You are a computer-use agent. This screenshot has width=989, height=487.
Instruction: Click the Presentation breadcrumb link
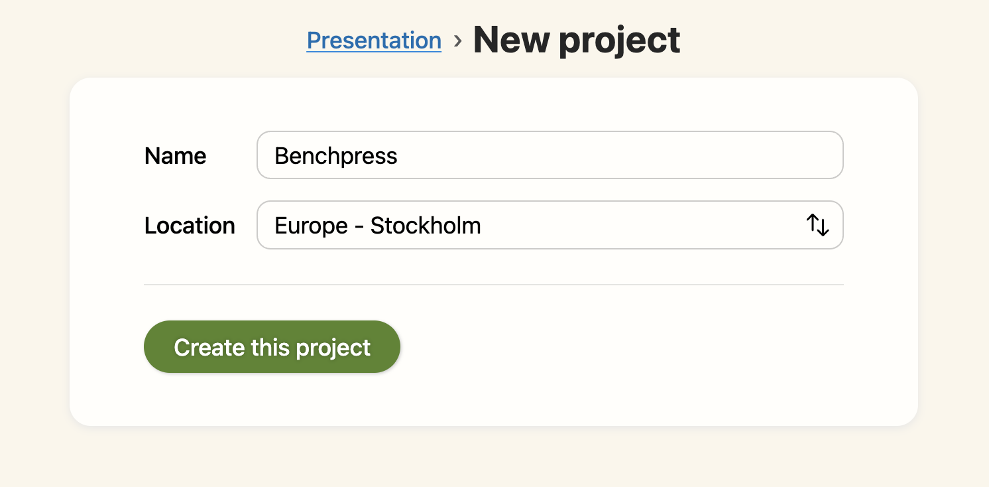click(374, 40)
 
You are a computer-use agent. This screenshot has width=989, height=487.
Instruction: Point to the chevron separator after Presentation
click(457, 41)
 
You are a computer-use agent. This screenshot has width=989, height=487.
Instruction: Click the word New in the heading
click(510, 40)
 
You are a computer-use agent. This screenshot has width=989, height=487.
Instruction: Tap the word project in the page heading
click(619, 41)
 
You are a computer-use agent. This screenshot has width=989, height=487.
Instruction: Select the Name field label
click(175, 156)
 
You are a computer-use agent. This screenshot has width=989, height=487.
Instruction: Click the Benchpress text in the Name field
click(336, 156)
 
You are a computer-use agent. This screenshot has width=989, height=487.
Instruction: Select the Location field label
click(190, 226)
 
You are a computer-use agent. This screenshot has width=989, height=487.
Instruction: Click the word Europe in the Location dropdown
click(311, 226)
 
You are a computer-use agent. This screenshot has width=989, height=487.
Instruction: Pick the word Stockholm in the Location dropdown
click(426, 226)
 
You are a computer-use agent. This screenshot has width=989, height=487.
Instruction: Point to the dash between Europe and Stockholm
click(359, 226)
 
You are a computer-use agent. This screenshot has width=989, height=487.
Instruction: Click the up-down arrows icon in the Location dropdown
click(818, 226)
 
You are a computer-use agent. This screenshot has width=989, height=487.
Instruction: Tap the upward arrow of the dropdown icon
click(813, 224)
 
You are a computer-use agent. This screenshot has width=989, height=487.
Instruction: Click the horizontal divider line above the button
click(494, 285)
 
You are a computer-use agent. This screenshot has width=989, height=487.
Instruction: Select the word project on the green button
click(333, 348)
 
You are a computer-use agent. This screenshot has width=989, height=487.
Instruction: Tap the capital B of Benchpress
click(281, 156)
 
